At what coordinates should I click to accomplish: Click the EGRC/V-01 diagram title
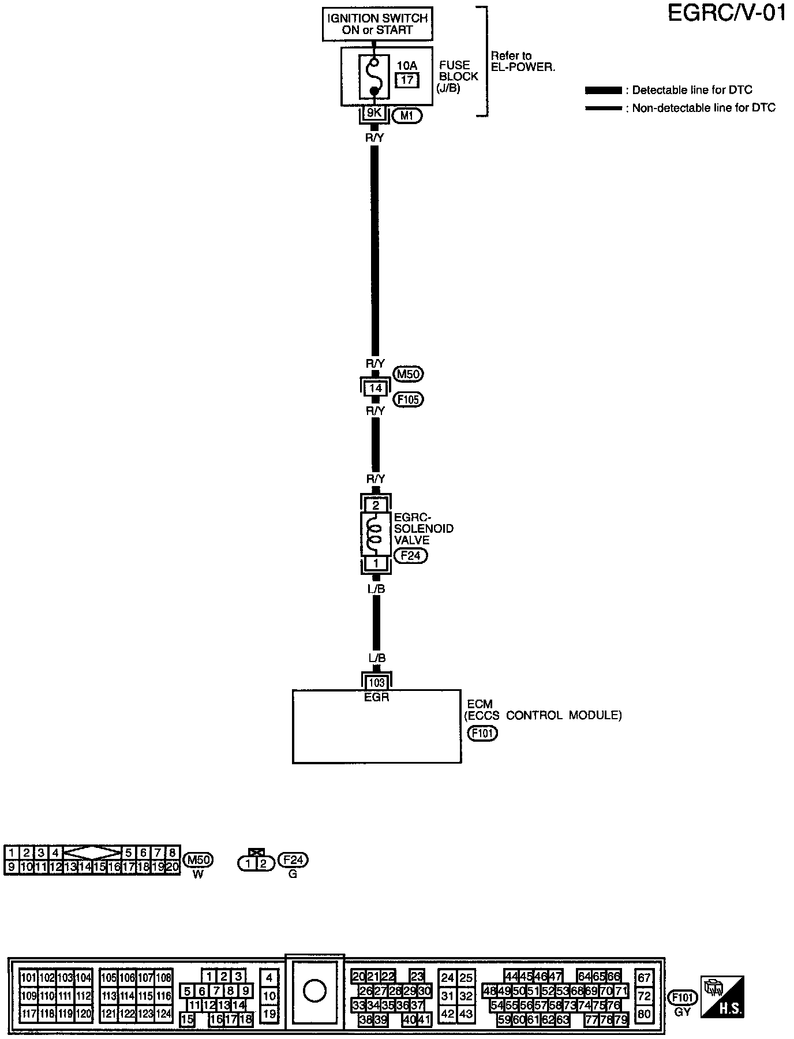tap(726, 13)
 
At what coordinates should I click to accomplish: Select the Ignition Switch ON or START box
tap(377, 24)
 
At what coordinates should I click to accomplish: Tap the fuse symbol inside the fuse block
tap(374, 76)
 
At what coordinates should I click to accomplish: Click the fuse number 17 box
tap(407, 80)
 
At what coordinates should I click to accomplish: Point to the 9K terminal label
tap(374, 113)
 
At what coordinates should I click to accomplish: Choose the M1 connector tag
tap(407, 116)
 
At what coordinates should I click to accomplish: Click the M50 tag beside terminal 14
tap(408, 374)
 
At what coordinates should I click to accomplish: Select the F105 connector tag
tap(408, 399)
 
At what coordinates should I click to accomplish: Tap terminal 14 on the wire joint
tap(376, 388)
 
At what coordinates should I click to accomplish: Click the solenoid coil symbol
tap(376, 534)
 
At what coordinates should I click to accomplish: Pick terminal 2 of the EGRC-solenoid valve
tap(376, 506)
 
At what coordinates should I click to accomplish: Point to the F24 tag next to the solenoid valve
tap(410, 556)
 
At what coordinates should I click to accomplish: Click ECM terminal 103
tap(376, 683)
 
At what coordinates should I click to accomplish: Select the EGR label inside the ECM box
tap(377, 697)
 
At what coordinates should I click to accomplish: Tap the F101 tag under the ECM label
tap(482, 733)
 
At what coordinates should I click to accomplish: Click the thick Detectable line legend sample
tap(604, 91)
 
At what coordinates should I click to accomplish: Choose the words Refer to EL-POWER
tap(522, 61)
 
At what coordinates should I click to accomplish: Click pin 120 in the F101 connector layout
tap(84, 1014)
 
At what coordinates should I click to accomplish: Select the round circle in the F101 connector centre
tap(314, 991)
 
